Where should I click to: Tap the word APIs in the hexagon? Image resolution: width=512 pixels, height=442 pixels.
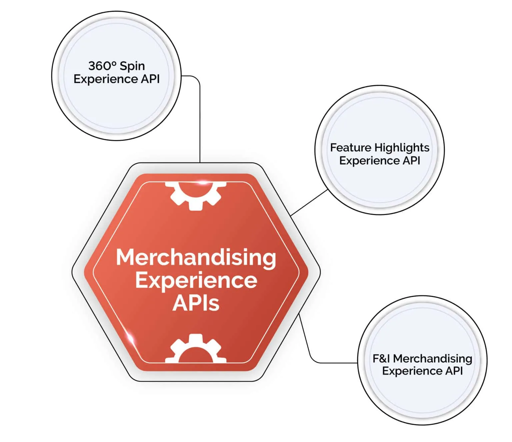196,303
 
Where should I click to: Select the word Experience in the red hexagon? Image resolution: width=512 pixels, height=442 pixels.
196,280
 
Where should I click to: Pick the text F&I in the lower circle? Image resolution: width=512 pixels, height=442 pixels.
381,358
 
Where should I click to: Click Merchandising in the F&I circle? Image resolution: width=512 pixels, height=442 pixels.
432,359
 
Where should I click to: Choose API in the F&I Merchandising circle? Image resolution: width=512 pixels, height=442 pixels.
454,371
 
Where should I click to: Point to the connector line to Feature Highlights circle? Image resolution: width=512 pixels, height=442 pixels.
309,203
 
